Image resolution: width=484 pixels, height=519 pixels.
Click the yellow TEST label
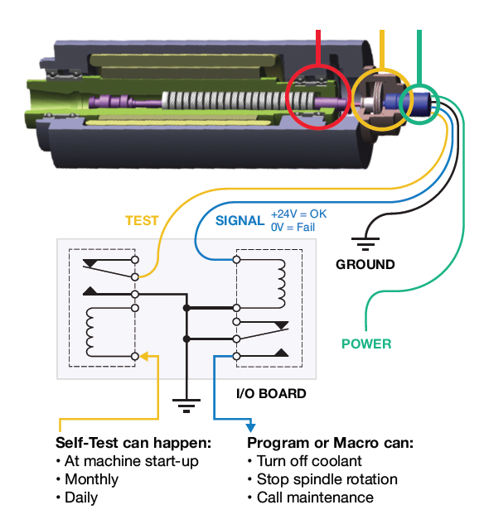click(142, 220)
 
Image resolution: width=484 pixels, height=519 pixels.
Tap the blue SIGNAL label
click(240, 220)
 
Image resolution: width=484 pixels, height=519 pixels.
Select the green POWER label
click(366, 344)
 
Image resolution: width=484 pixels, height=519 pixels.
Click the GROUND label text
click(365, 264)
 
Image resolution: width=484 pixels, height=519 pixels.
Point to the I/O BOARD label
click(271, 393)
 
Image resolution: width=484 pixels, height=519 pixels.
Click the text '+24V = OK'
click(298, 214)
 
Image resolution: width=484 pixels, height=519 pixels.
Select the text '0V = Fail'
click(293, 228)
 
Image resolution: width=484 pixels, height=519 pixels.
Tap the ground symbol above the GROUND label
click(365, 243)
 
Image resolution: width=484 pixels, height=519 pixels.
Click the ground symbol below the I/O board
click(186, 406)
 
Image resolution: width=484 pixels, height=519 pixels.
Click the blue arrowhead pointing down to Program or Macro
click(250, 427)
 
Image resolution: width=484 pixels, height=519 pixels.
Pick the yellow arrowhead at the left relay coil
click(144, 357)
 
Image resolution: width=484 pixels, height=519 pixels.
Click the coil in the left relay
click(90, 332)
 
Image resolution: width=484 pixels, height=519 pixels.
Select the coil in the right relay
click(281, 284)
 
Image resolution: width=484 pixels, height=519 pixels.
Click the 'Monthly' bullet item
click(88, 479)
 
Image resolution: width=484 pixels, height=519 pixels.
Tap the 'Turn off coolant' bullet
click(305, 461)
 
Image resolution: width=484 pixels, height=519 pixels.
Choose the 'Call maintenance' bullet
click(311, 497)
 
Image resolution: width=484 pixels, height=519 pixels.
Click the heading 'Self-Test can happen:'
click(133, 443)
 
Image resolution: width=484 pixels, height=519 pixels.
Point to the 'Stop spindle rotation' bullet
click(322, 479)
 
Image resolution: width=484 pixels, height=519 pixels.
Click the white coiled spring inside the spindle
click(238, 101)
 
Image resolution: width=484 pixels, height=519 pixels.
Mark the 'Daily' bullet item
click(78, 497)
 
